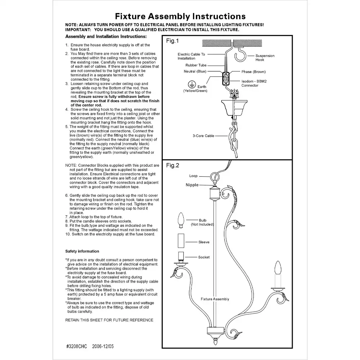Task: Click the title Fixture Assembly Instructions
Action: tap(180, 16)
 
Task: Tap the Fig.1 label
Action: tap(172, 41)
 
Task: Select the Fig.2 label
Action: tap(172, 166)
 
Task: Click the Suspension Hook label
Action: tap(265, 58)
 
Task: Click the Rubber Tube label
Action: tap(196, 65)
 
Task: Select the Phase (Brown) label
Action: tap(253, 72)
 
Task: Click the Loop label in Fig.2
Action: tap(193, 176)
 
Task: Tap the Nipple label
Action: tap(192, 185)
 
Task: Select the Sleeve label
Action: tap(204, 242)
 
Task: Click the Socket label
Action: tap(204, 257)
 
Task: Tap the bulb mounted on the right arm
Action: tap(278, 268)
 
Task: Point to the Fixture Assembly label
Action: tap(215, 299)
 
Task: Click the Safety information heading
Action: tap(82, 251)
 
